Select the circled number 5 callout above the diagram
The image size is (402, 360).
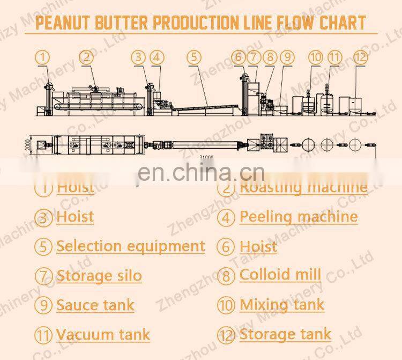(194, 56)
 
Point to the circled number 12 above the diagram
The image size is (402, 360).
(360, 56)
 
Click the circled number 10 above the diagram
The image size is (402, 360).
(316, 56)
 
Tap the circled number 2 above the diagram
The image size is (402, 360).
(87, 56)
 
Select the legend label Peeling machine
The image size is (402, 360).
(298, 217)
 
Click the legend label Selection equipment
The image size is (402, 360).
(130, 246)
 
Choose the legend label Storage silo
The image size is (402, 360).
(99, 276)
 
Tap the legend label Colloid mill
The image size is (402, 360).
(280, 275)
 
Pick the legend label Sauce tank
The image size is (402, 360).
(95, 305)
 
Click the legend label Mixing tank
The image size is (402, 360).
(281, 305)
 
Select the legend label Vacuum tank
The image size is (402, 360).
(103, 335)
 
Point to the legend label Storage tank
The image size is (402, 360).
(285, 335)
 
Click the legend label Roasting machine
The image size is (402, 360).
(303, 187)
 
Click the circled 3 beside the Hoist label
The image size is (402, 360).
(43, 217)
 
